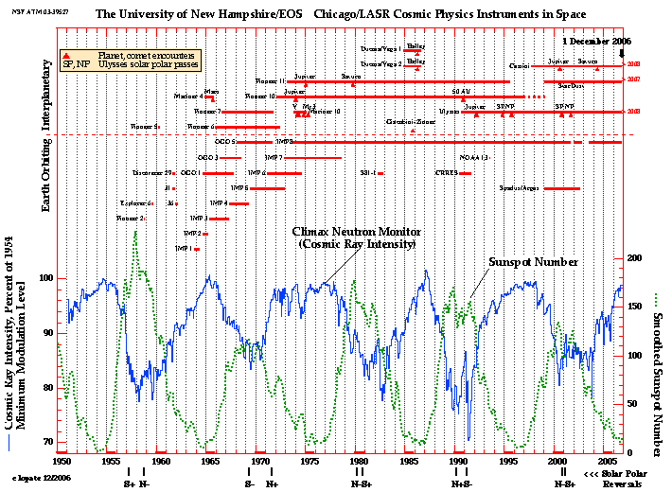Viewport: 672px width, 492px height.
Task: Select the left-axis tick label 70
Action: (x=45, y=442)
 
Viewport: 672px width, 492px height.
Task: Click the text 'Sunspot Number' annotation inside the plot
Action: (x=533, y=261)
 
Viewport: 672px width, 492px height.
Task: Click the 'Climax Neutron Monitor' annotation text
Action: (x=353, y=231)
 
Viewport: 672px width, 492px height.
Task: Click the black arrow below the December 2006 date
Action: (x=621, y=55)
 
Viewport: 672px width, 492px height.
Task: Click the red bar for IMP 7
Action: (x=312, y=158)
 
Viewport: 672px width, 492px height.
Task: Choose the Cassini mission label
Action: (x=520, y=66)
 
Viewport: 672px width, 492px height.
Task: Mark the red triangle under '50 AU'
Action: (x=464, y=99)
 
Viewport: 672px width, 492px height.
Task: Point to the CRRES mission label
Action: (x=446, y=173)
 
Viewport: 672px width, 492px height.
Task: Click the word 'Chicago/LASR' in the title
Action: (x=389, y=13)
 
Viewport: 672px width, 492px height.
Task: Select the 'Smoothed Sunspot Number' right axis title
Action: (x=657, y=368)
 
